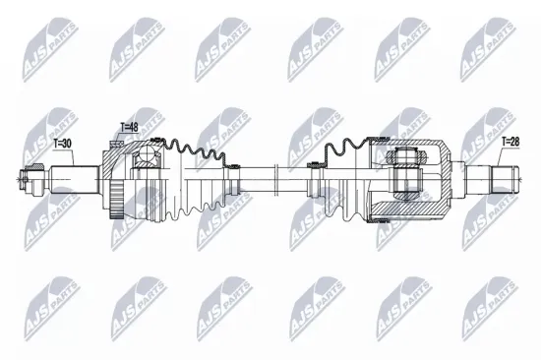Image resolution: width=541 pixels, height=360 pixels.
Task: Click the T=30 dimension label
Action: click(61, 144)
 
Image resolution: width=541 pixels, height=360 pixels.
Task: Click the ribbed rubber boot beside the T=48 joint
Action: click(202, 178)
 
